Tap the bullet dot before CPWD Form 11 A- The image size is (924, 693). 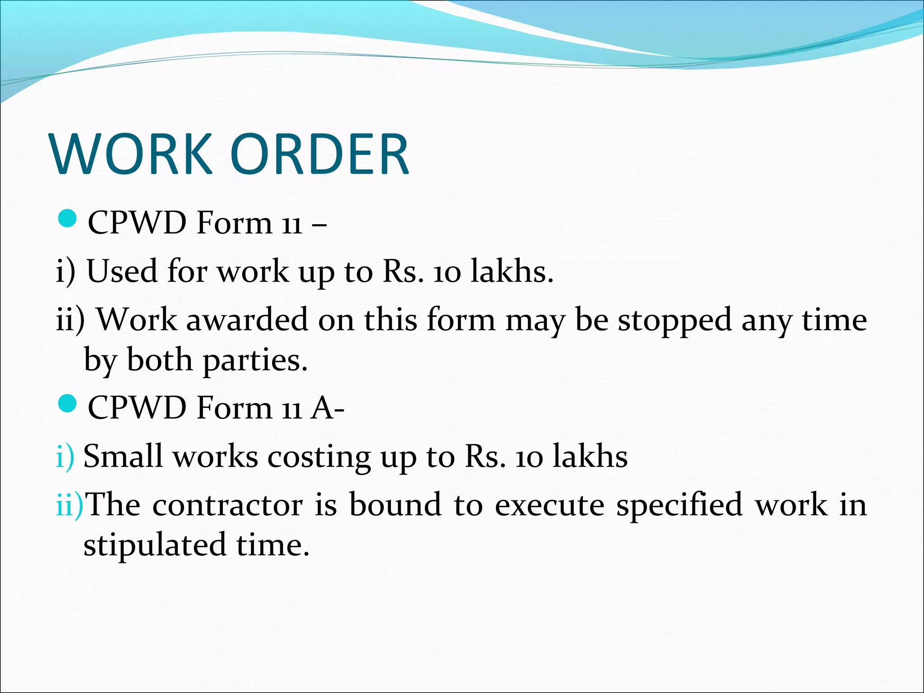[68, 403]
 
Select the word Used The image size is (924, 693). [122, 272]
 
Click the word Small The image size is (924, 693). [123, 456]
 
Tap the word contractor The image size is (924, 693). [227, 505]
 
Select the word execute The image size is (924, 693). [549, 505]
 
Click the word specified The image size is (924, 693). [679, 505]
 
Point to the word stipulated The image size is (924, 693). [154, 545]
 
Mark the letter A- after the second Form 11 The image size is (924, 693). [328, 407]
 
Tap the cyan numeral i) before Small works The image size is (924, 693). [65, 457]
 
